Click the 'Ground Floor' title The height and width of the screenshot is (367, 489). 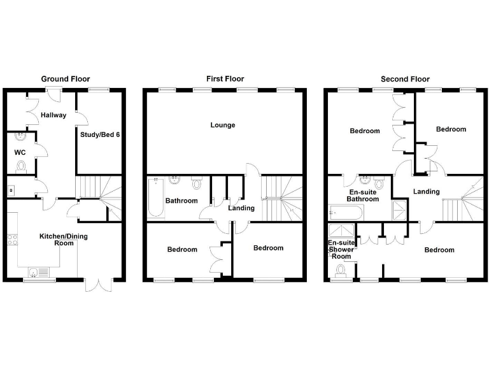(x=63, y=79)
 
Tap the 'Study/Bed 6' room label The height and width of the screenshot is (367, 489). (x=100, y=134)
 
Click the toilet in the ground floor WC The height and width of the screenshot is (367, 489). (x=20, y=166)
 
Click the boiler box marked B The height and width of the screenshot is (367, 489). (x=11, y=189)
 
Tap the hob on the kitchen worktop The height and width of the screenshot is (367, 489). (x=11, y=240)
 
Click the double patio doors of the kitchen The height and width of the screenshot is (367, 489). (x=97, y=284)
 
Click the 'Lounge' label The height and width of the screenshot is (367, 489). (x=223, y=125)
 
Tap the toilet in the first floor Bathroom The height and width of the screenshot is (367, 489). (x=196, y=183)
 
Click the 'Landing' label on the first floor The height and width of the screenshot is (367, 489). (x=241, y=208)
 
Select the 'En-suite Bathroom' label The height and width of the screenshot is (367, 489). (x=362, y=195)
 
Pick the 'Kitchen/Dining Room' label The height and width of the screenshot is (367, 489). (x=64, y=240)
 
